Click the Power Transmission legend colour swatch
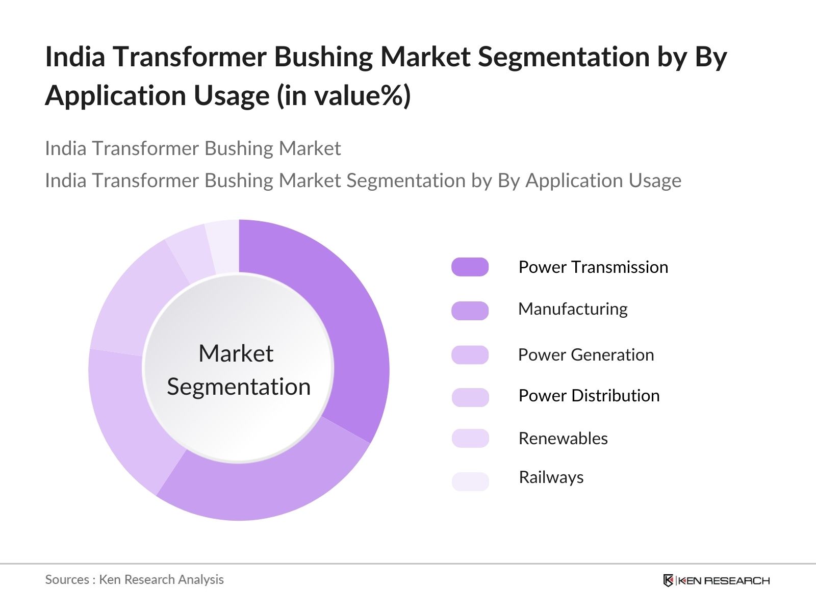coord(470,267)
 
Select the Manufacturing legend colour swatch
coord(470,311)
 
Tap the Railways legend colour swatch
coord(470,481)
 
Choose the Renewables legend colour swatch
coord(470,438)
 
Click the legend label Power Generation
coord(586,355)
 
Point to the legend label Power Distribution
coord(589,395)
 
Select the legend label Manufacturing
coord(573,309)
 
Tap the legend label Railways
coord(551,477)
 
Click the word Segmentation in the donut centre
coord(239,387)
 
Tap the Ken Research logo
coord(717,580)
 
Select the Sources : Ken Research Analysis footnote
coord(134,579)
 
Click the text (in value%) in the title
coord(344,96)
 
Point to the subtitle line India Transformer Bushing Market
coord(193,148)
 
